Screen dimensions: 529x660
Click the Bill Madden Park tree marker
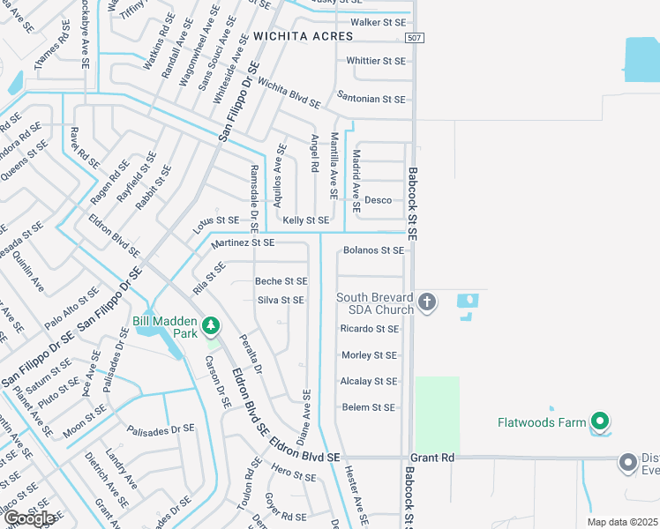(x=210, y=326)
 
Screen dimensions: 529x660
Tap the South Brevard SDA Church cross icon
(x=427, y=302)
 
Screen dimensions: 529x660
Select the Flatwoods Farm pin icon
(x=601, y=422)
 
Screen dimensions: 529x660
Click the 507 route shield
(x=414, y=37)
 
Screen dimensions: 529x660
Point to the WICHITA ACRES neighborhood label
(x=303, y=36)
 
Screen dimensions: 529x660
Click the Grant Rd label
(x=432, y=458)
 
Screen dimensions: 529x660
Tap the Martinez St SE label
(x=243, y=242)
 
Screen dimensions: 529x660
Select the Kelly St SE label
(x=305, y=220)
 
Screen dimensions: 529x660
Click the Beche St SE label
(x=281, y=281)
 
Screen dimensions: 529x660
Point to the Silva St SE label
(x=281, y=301)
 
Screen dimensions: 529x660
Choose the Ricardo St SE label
(x=369, y=329)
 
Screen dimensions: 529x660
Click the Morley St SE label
(x=369, y=355)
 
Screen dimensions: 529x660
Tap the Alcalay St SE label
(x=368, y=382)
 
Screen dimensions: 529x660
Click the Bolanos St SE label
(x=373, y=250)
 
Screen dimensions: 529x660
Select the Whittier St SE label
(x=376, y=61)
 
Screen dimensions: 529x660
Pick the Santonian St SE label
(x=371, y=100)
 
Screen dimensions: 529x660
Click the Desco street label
(x=378, y=200)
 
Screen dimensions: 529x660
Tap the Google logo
(x=29, y=518)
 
